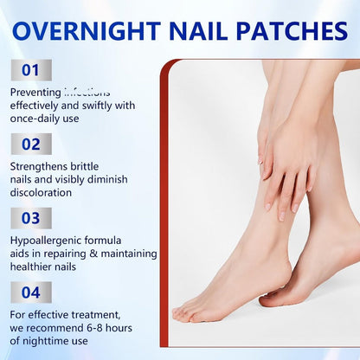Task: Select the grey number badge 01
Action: [x=31, y=70]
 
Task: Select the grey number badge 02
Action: [x=31, y=144]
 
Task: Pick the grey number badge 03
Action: [x=31, y=218]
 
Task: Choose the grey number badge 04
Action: [x=31, y=292]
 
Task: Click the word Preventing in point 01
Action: [x=35, y=92]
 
